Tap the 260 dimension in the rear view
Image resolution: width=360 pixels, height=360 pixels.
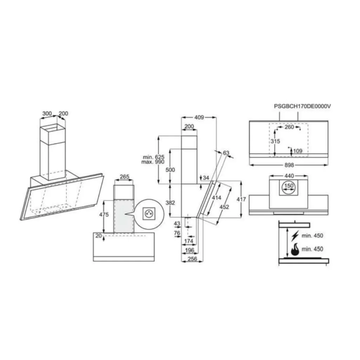[x=289, y=127]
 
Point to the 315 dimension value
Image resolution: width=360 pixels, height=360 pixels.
[x=275, y=141]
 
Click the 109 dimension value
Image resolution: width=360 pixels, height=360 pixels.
[x=297, y=151]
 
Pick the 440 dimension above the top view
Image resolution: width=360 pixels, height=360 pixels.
[x=289, y=175]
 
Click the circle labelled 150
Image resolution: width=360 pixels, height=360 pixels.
[x=289, y=186]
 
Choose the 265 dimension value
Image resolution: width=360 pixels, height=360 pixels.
[x=124, y=177]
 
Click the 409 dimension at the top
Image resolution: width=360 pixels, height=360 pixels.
[x=199, y=118]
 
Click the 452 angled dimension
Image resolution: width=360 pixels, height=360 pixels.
[x=224, y=207]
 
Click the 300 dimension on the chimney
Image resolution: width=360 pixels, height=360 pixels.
[x=47, y=114]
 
